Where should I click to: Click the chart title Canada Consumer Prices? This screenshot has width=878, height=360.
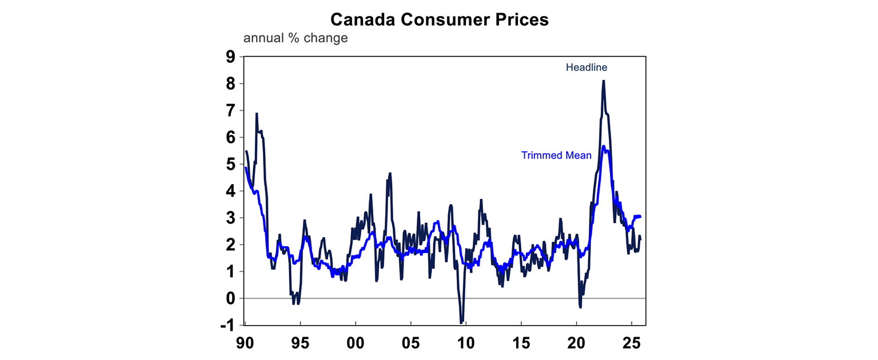point(439,19)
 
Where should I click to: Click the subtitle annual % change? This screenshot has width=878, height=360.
point(295,38)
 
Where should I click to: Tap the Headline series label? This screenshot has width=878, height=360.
point(586,67)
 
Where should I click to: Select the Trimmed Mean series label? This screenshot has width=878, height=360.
point(556,155)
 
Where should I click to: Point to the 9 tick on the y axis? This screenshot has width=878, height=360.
point(230,57)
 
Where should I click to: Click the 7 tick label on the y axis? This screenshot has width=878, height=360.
point(230,110)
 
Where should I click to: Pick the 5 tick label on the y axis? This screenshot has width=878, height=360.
point(230,164)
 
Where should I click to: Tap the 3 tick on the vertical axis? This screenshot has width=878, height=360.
point(230,218)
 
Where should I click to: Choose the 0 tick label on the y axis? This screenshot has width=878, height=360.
point(230,298)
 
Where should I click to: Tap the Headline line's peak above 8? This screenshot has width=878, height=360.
point(604,81)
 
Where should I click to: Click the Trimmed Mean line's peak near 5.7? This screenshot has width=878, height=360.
point(603,146)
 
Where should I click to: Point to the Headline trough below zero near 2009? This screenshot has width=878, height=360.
point(461,322)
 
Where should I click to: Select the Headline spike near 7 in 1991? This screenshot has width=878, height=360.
point(257,114)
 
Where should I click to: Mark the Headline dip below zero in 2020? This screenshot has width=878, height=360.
point(580,307)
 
